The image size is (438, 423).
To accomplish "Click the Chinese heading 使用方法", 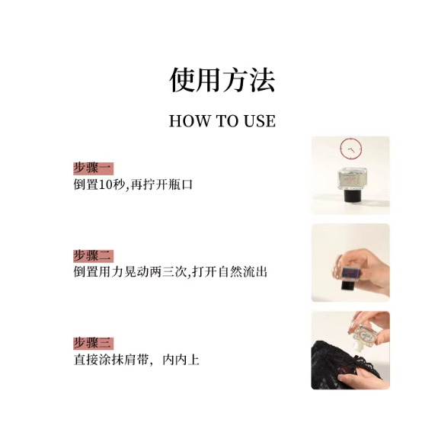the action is click(222, 80).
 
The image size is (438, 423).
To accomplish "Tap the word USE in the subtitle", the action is click(260, 121).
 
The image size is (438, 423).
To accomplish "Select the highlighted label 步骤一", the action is click(93, 168).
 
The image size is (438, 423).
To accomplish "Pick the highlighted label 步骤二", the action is click(93, 256).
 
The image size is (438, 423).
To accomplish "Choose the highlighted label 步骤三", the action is click(93, 343).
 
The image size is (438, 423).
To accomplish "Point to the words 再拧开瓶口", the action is click(161, 184).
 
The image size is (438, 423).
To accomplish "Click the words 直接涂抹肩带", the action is click(111, 360).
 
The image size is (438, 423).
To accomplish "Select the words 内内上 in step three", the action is click(181, 360).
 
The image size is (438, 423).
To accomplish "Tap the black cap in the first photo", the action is click(351, 197).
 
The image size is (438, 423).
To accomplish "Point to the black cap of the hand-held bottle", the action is click(349, 286).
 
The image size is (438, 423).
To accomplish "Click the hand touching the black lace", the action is click(360, 373).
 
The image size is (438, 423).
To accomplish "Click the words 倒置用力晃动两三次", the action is click(130, 272).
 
